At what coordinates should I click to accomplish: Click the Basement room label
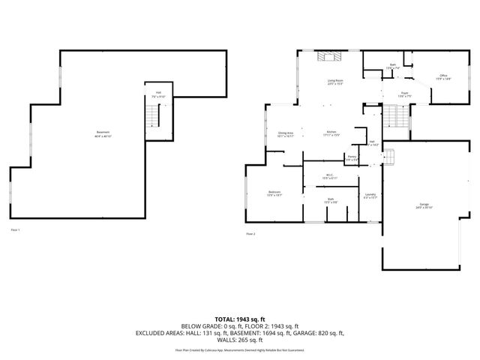103,134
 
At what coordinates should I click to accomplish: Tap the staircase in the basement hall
154,116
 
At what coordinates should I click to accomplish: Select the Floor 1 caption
16,229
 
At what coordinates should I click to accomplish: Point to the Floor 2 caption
251,234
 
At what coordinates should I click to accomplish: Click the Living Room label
334,81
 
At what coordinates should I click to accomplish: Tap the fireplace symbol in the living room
328,57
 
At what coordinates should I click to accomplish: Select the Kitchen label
331,133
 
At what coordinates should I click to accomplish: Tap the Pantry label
351,157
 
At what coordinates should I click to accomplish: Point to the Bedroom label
274,193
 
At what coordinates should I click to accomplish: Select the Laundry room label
370,196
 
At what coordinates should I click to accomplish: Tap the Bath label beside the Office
391,66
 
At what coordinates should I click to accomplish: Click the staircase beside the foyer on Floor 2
394,117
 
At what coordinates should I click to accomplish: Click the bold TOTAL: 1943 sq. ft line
239,319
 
